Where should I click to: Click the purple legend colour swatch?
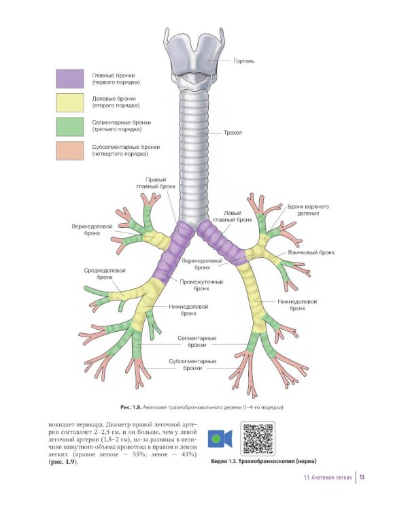pos(69,78)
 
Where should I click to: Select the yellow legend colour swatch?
pos(69,102)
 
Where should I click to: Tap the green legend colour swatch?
pos(69,126)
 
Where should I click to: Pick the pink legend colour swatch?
pos(69,150)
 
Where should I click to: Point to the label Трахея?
pos(233,133)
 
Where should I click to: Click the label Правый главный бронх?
pos(160,184)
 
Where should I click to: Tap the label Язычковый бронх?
pos(311,252)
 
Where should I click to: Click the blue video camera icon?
pos(220,440)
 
